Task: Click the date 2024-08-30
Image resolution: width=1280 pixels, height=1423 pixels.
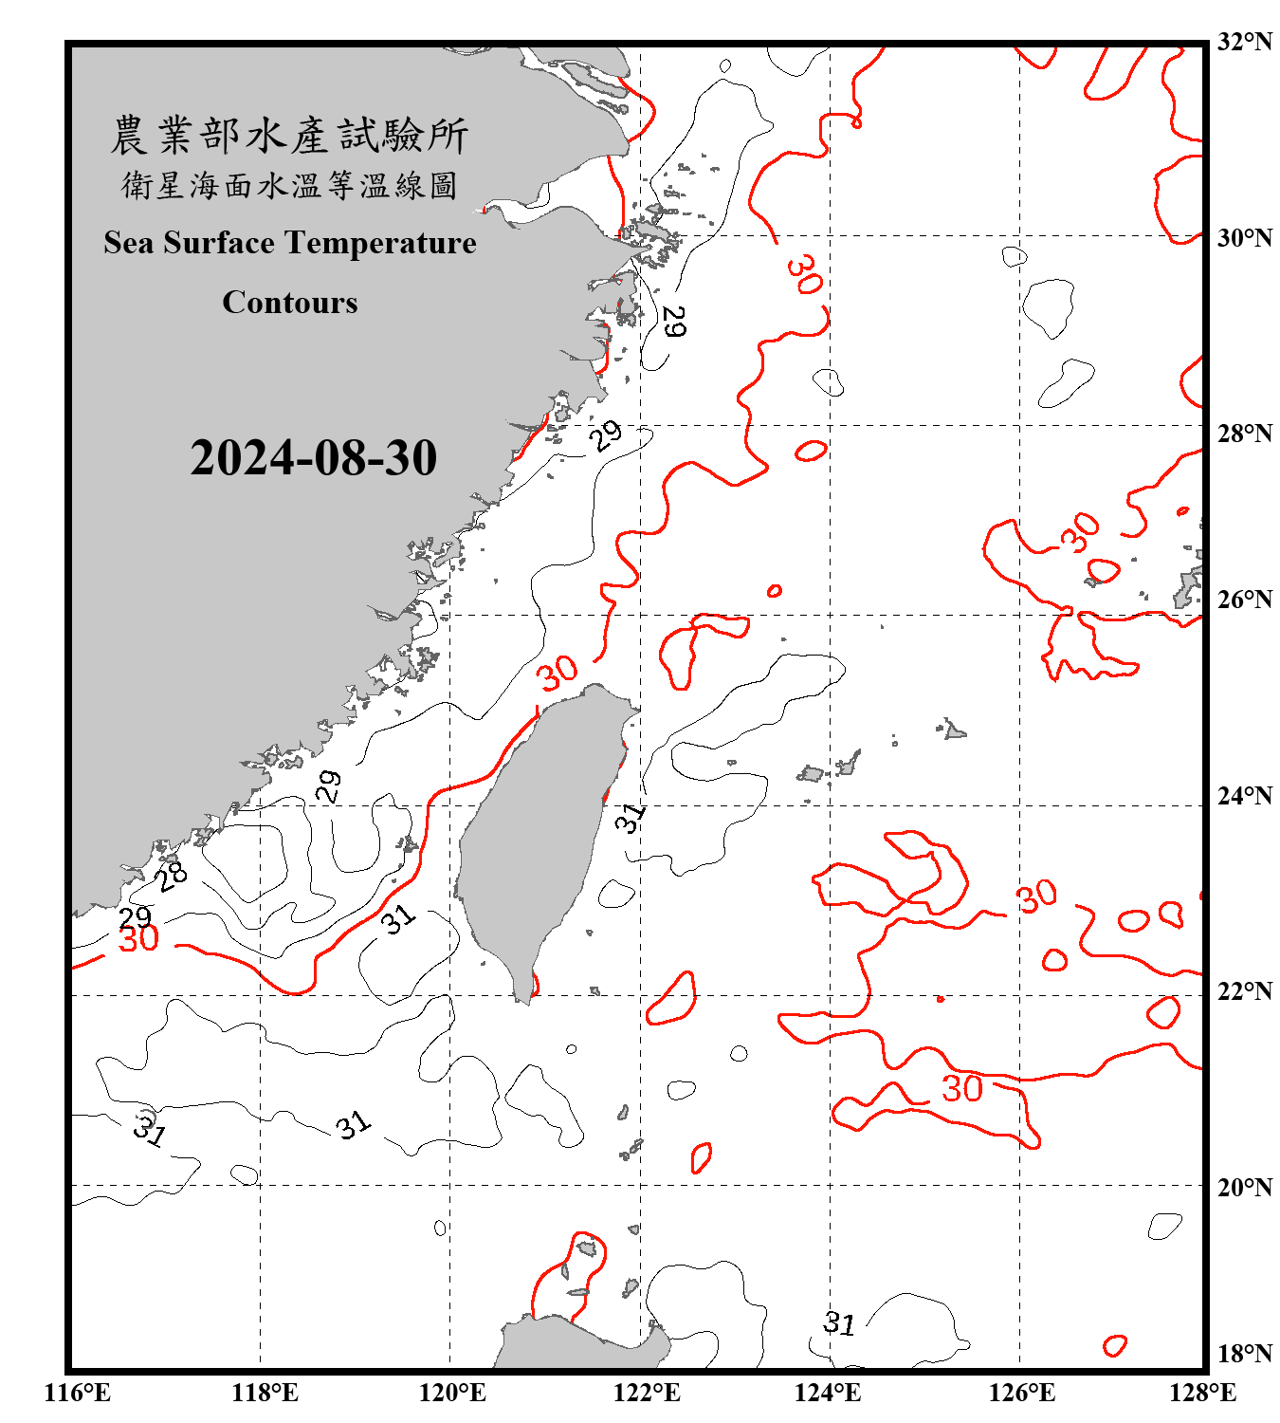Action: (x=313, y=457)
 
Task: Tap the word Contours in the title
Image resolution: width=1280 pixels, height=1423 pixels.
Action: (x=290, y=302)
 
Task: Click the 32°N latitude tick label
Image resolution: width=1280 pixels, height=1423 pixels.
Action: (x=1245, y=42)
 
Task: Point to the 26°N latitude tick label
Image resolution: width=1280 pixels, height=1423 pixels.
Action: (x=1245, y=600)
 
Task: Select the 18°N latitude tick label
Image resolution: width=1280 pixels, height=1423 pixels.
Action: (x=1245, y=1354)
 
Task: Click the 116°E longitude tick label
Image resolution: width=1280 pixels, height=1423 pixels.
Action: (x=78, y=1393)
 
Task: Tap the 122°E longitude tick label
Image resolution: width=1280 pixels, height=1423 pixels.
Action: (x=647, y=1393)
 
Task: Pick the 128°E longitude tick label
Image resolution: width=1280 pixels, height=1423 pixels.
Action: (x=1202, y=1393)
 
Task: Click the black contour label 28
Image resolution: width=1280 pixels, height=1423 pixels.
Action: (x=172, y=876)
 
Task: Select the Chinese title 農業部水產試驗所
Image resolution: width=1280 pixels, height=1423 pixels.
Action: (x=290, y=136)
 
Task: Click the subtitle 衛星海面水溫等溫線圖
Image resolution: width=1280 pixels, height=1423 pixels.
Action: (x=290, y=185)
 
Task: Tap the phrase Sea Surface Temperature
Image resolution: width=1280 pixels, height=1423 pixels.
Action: (x=290, y=243)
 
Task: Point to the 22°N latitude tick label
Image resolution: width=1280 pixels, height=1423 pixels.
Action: (x=1245, y=991)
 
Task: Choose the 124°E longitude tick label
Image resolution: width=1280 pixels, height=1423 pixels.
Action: (x=828, y=1393)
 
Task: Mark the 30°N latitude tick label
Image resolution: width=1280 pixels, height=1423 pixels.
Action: (x=1245, y=237)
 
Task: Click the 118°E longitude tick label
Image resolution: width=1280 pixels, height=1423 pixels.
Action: (x=265, y=1393)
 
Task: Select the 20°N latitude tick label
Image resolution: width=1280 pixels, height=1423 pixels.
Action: (x=1245, y=1187)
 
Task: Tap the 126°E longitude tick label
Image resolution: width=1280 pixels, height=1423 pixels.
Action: (x=1021, y=1393)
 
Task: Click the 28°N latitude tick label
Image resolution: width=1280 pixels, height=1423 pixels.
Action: (x=1245, y=434)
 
